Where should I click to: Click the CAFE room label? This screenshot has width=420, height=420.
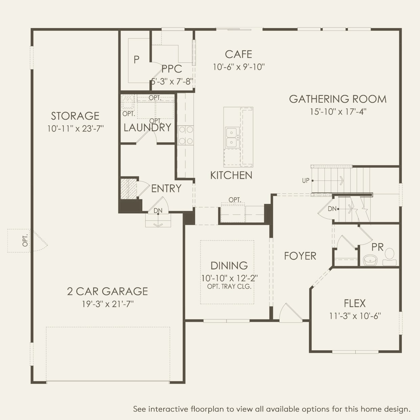coord(238,54)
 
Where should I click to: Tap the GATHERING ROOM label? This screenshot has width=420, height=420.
coord(338,99)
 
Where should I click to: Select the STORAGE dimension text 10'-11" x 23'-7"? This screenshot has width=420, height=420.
coord(76,129)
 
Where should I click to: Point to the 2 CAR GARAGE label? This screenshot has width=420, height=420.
coord(107,291)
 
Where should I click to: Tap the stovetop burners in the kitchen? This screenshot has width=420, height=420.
coord(186,135)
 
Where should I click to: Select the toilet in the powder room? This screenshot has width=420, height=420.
coord(389,257)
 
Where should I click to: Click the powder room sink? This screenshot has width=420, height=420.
coord(370,260)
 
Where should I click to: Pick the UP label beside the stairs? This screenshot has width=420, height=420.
coord(306,181)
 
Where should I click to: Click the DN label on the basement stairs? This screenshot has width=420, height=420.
coord(332,209)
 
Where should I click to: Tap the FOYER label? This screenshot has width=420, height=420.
coord(300,256)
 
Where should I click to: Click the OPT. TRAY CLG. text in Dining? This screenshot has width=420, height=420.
coord(229,287)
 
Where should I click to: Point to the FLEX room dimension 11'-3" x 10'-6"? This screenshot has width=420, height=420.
coord(355,316)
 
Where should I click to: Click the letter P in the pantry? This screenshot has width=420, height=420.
coord(136,59)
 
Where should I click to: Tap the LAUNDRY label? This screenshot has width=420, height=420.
coord(148,127)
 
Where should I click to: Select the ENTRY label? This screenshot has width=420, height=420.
coord(166,188)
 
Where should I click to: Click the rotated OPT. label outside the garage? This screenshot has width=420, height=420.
coord(25,240)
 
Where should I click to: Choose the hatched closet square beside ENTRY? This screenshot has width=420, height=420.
coord(129,189)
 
